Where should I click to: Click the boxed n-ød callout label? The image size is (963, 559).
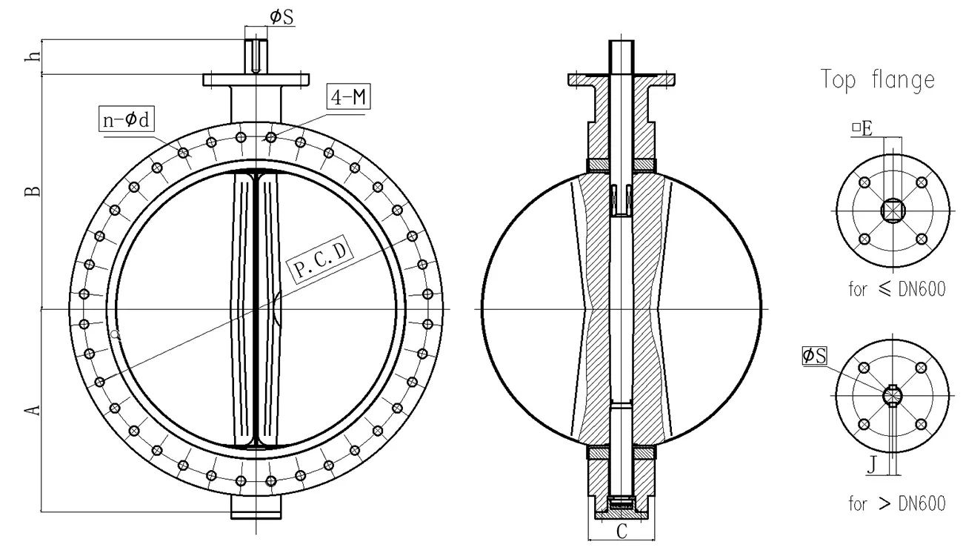point(125,118)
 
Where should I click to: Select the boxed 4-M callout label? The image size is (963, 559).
point(347,98)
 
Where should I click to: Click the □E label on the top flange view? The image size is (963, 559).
point(862,128)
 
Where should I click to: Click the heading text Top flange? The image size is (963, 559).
point(877,80)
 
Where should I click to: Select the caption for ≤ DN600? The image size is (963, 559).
point(896,290)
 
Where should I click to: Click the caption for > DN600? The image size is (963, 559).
point(896,504)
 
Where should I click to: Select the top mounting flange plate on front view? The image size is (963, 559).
point(256,79)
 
